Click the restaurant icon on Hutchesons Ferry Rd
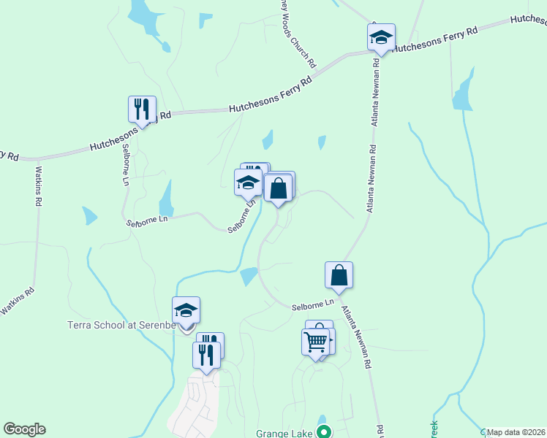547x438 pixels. (x=142, y=109)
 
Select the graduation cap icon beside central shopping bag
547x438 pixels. (x=248, y=182)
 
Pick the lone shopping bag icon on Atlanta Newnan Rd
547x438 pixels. (x=339, y=275)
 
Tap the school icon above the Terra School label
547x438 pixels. (x=186, y=310)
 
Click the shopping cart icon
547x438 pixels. (x=315, y=342)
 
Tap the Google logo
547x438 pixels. (x=24, y=429)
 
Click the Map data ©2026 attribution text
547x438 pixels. (x=516, y=432)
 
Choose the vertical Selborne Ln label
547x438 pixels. (x=126, y=170)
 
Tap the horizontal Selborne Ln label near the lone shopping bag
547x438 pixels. (x=313, y=303)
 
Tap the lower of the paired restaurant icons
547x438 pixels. (x=205, y=356)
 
